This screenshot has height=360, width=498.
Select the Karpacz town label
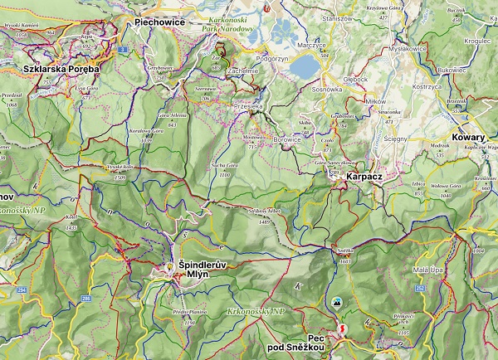[364, 177]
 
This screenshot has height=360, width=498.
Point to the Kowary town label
[468, 137]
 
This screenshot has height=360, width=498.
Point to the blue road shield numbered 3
[122, 51]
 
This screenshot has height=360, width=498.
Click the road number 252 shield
[420, 288]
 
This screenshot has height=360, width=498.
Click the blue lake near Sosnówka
[305, 65]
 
